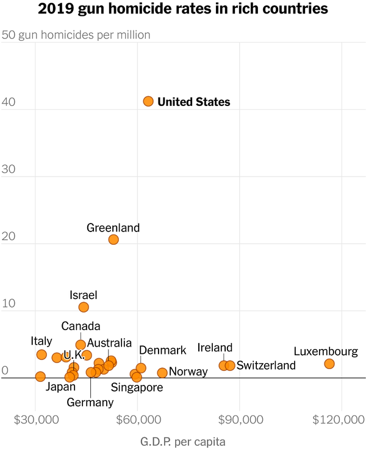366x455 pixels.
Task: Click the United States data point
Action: coord(148,101)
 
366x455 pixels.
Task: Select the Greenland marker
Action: coord(113,239)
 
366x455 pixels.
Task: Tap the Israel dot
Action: coord(84,307)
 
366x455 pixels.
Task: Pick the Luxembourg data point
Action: coord(329,364)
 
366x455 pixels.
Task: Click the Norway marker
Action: coord(162,373)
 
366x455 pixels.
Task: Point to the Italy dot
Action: coord(41,354)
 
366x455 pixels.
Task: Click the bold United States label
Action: coord(193,102)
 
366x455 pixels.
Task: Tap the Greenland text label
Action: coord(113,228)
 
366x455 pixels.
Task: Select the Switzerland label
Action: coord(266,365)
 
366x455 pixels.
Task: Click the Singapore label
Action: coord(137,387)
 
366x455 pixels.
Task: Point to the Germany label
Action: coord(90,402)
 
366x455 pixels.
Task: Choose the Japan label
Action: coord(60,387)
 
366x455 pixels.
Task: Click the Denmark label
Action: coord(162,350)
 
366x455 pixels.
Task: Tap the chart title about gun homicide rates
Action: coord(183,9)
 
